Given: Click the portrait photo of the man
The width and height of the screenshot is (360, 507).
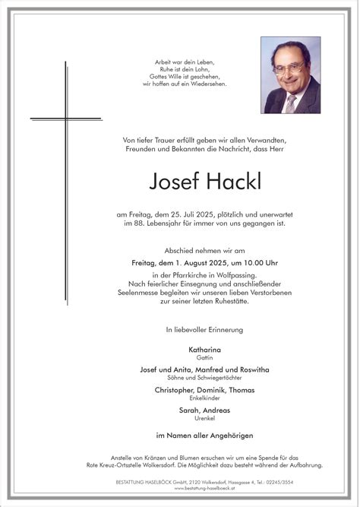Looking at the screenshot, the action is click(291, 74).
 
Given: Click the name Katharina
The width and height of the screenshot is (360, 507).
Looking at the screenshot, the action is click(205, 348).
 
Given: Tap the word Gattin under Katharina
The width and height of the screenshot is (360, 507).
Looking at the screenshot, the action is click(205, 356).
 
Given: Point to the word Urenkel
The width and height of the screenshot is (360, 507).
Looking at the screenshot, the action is click(205, 417).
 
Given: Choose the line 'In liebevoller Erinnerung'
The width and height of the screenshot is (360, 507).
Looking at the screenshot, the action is click(205, 329).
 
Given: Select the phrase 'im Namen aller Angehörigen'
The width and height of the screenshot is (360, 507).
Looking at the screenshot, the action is click(205, 435).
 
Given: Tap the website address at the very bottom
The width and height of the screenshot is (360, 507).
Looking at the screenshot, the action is click(205, 492).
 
